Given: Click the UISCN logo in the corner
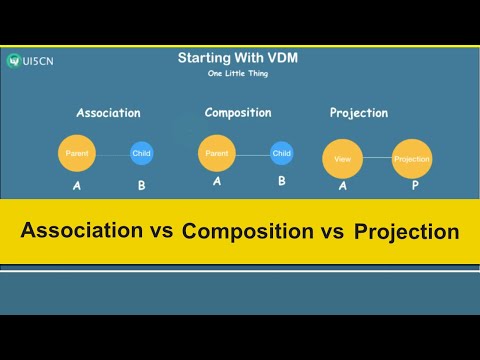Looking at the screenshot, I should point(32,61).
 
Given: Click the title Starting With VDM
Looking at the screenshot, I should point(239,58).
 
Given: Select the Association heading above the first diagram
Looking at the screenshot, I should point(108,113).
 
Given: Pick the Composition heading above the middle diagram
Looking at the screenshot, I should point(238,112).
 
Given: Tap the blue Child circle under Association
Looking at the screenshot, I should point(141,154).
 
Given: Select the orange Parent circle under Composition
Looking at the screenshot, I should point(217,154).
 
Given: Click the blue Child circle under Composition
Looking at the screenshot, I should point(282,154).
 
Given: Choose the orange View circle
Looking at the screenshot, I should point(341,159).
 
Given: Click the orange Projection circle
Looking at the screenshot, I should point(411,159).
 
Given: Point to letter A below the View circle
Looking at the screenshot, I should point(342,187).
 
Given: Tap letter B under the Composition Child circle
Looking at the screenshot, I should point(282,181).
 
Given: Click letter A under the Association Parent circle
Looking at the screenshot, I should point(77,185).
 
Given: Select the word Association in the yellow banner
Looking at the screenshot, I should point(83,230).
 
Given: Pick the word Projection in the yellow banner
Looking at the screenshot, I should point(406,231).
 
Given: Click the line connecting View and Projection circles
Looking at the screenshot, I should point(376,159).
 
